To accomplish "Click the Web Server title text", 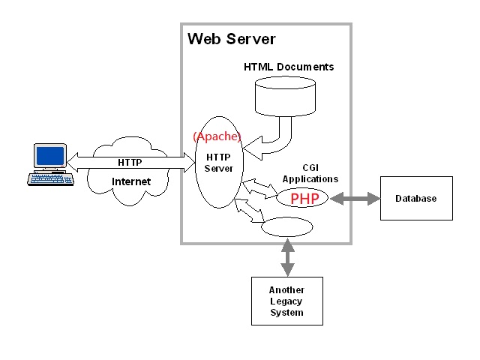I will coord(231,39).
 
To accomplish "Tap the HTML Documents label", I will coord(289,67).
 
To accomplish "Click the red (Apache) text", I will coord(217,136).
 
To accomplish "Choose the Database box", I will coord(416,198).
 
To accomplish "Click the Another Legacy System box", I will coord(286,301).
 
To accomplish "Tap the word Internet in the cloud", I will coord(131,181).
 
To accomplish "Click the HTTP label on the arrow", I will coord(130,162).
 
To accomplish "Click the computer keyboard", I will coord(50,178).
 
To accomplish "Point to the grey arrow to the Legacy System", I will coord(286,257).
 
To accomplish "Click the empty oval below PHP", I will coord(286,227).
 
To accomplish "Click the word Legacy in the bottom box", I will coord(286,301).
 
